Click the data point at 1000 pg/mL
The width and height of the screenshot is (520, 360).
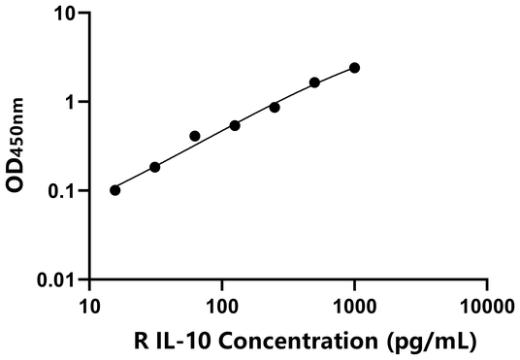354,68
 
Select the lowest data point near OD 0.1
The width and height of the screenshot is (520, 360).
115,189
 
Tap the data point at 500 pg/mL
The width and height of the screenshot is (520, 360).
314,82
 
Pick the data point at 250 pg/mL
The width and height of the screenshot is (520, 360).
275,107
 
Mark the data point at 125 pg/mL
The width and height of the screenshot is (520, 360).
235,125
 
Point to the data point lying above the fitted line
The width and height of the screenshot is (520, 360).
195,136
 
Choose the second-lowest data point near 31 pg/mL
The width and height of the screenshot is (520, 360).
155,167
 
